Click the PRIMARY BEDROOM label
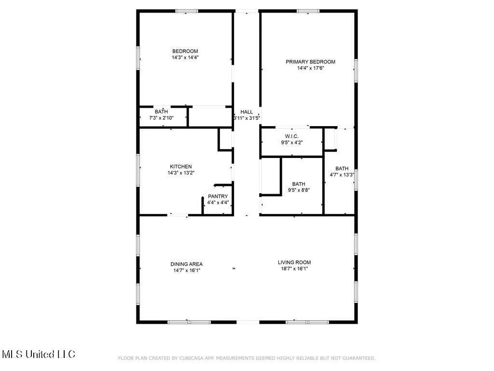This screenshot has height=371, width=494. click(310, 62)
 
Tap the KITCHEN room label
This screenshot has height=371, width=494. click(181, 167)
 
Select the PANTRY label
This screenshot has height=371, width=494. click(218, 196)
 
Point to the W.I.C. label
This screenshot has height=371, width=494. click(292, 136)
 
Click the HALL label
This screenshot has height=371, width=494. click(247, 112)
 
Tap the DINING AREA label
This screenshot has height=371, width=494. click(187, 264)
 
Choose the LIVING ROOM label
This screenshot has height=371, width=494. click(294, 262)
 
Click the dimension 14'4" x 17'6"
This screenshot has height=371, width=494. click(311, 68)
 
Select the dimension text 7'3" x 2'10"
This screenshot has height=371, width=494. click(161, 118)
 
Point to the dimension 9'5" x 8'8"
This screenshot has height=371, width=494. click(299, 190)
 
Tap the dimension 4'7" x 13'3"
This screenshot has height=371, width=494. click(342, 175)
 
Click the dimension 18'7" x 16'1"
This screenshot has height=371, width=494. click(294, 269)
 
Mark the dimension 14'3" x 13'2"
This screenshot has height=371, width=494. click(181, 173)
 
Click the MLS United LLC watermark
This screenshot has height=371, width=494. click(39, 354)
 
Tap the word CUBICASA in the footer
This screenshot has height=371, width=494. click(191, 358)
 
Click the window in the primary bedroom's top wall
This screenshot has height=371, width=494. click(308, 12)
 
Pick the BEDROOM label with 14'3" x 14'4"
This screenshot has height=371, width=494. click(185, 51)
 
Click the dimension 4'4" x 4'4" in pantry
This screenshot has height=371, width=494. click(218, 202)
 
